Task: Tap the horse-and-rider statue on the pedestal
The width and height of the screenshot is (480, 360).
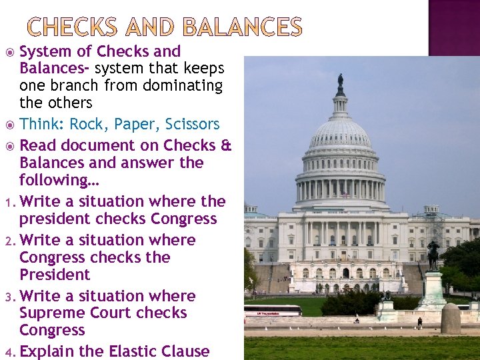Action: pyautogui.click(x=433, y=255)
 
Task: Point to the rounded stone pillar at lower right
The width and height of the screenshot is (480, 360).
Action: pyautogui.click(x=451, y=318)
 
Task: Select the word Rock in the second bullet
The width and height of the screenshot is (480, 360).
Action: pyautogui.click(x=89, y=125)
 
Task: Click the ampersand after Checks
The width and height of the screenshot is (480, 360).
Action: pyautogui.click(x=225, y=145)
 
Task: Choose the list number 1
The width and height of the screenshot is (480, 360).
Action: pyautogui.click(x=7, y=202)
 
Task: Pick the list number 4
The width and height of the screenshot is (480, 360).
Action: pyautogui.click(x=7, y=352)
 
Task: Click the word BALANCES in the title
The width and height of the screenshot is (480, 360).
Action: pyautogui.click(x=242, y=27)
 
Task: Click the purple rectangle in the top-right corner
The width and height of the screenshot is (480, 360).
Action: pyautogui.click(x=453, y=27)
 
